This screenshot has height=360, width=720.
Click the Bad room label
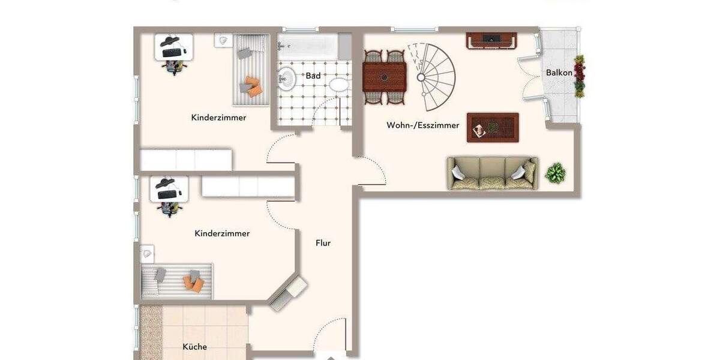[313, 76]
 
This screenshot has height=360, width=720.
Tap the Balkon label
[559, 73]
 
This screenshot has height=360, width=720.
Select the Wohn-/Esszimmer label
[423, 125]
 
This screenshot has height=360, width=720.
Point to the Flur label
[323, 243]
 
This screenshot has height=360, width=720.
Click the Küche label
[195, 347]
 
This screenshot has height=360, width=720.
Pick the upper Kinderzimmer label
[218, 118]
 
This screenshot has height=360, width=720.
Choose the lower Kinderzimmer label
[222, 233]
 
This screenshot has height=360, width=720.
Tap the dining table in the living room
[384, 77]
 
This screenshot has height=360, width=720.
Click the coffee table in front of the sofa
[493, 127]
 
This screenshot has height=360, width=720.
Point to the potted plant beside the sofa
[555, 173]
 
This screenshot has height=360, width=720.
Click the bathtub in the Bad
[307, 46]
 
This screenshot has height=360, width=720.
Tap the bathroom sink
[286, 77]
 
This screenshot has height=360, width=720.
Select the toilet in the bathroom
[339, 85]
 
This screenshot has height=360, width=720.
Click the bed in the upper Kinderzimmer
[250, 70]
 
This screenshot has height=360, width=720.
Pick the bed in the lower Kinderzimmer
[177, 280]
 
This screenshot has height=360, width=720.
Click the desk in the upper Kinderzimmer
[174, 46]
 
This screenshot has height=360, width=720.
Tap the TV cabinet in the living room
[491, 40]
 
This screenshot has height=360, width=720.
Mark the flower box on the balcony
[580, 76]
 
